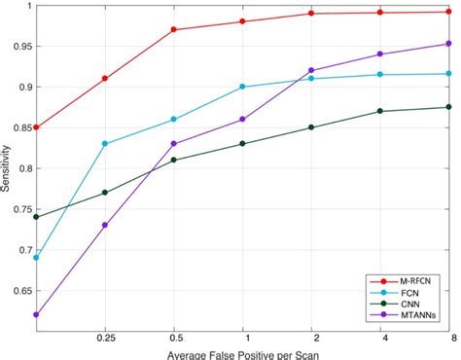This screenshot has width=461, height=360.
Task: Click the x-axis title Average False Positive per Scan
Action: click(x=242, y=353)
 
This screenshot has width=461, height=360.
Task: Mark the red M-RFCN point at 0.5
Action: click(x=173, y=29)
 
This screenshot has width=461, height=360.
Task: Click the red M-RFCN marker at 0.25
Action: click(x=104, y=79)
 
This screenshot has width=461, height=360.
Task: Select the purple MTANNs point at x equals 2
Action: click(x=311, y=70)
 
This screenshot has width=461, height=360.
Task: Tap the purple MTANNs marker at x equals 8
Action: click(x=448, y=44)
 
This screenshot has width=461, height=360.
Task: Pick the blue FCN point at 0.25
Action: click(x=104, y=144)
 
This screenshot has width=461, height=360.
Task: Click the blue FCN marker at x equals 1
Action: click(x=242, y=87)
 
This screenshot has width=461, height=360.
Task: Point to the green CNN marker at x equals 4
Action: click(x=380, y=111)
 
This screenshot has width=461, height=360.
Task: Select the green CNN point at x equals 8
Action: click(x=448, y=107)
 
